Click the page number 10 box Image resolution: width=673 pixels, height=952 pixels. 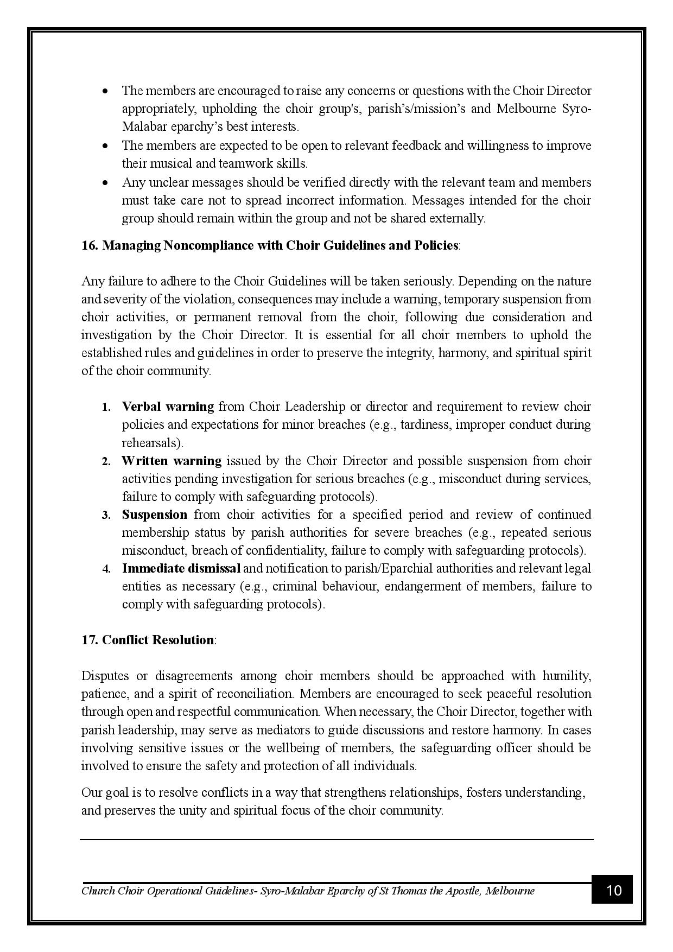pos(612,890)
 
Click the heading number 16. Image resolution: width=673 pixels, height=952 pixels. pos(90,245)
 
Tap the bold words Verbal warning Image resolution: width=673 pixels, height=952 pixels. pos(168,407)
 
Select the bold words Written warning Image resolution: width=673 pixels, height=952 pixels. pos(172,461)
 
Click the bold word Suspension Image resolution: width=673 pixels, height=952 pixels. pos(154,515)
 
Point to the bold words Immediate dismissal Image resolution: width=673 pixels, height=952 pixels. pos(181,568)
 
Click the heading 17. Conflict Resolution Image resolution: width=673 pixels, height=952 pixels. pos(148,640)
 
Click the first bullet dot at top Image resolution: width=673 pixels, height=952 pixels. pos(105,91)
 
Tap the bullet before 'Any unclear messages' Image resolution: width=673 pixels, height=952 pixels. pos(105,183)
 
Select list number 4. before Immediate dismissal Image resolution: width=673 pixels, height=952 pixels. pos(106,569)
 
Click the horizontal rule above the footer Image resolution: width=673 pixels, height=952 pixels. pos(336,840)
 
